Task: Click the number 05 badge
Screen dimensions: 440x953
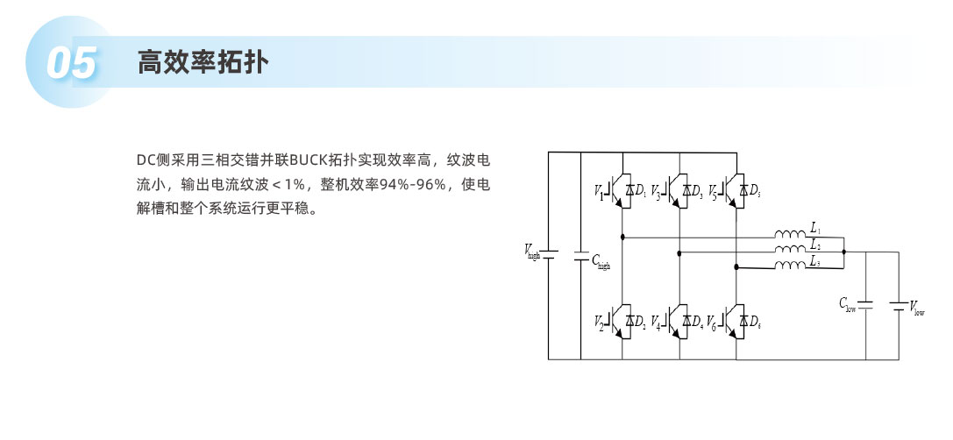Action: [x=70, y=63]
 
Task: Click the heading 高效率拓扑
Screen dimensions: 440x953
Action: [x=203, y=62]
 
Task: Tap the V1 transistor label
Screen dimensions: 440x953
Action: [x=600, y=191]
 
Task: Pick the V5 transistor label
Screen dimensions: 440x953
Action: [x=712, y=191]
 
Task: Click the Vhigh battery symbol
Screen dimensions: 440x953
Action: [x=548, y=255]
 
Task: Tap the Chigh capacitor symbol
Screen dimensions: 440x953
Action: [x=580, y=257]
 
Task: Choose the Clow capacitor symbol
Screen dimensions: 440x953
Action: [x=865, y=305]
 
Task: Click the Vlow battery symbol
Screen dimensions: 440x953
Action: [x=898, y=306]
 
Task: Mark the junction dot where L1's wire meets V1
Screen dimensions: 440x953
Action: [x=622, y=237]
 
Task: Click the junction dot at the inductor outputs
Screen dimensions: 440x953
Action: [x=843, y=252]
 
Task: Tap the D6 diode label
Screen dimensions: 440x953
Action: [x=753, y=323]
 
